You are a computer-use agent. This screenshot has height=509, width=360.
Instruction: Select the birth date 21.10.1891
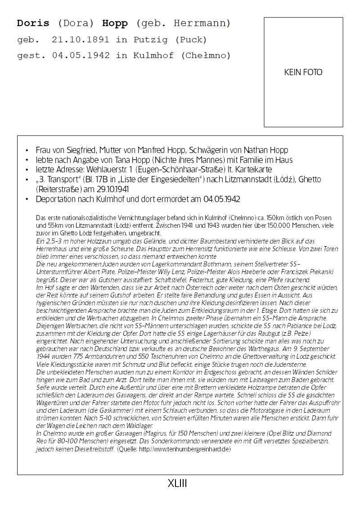pyautogui.click(x=80, y=40)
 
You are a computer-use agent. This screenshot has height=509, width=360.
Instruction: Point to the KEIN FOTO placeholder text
pyautogui.click(x=303, y=72)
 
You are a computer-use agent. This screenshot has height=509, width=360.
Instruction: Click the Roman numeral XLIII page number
pyautogui.click(x=177, y=484)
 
